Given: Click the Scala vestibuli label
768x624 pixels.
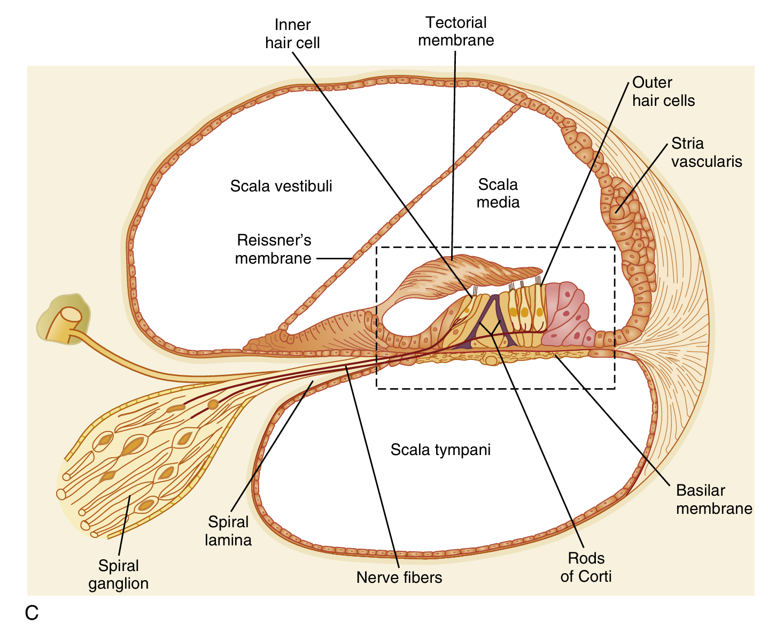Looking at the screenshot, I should [281, 186].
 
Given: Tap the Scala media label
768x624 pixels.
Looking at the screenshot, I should [498, 193].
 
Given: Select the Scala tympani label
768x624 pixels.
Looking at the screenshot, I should [440, 450].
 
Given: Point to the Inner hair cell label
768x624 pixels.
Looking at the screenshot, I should [292, 34].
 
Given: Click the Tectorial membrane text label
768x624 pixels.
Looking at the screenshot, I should [456, 32].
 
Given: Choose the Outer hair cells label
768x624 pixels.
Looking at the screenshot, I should [663, 91].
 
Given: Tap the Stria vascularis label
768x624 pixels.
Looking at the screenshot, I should [707, 152].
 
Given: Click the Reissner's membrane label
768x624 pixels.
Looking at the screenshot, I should [273, 249].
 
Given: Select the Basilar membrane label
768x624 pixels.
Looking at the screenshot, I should [713, 499].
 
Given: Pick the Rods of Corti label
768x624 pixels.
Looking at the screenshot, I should [586, 567].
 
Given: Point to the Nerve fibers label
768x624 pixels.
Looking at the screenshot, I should [399, 577].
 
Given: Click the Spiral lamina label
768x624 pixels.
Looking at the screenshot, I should [228, 531].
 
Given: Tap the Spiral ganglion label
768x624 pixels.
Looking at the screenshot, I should [119, 574].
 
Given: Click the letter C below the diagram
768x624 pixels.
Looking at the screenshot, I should [32, 613].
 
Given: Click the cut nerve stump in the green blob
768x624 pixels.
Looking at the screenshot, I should [69, 319].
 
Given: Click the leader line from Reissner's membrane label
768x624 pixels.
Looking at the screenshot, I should [334, 258].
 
